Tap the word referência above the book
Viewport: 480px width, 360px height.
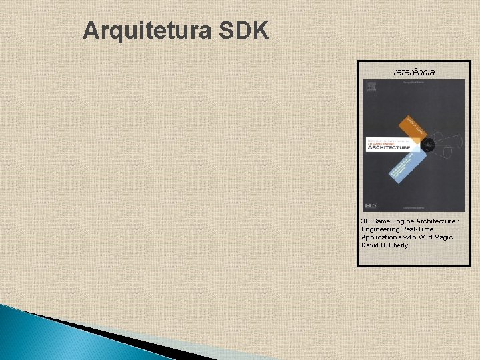[414, 71]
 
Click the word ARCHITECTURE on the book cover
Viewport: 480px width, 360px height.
[389, 148]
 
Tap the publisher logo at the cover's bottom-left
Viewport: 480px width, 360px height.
[370, 204]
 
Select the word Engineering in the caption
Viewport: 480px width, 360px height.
[378, 229]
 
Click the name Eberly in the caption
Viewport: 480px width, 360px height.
[397, 245]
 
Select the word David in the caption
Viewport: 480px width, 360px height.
[370, 245]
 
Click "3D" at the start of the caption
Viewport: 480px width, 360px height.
[365, 221]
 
